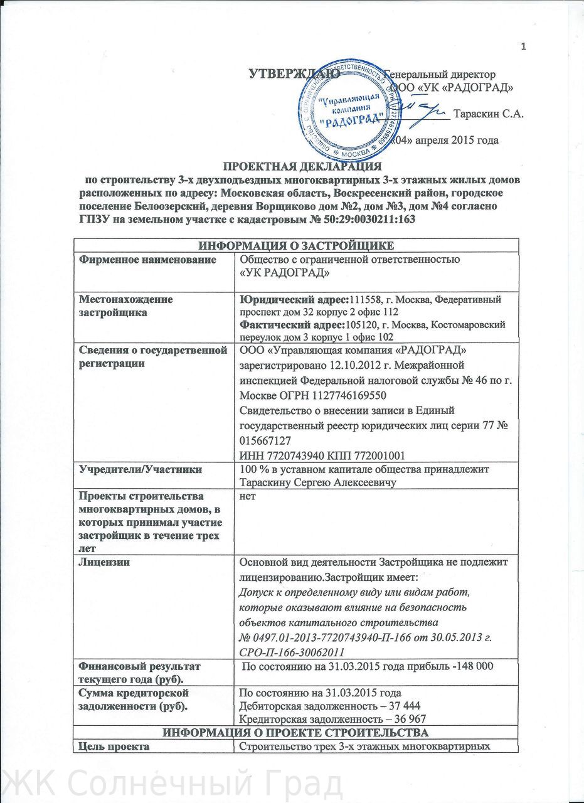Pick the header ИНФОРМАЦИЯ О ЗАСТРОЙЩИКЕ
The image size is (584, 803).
[296, 245]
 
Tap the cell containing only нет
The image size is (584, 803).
[248, 495]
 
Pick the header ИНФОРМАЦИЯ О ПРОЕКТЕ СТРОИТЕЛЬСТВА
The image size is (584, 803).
[295, 733]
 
